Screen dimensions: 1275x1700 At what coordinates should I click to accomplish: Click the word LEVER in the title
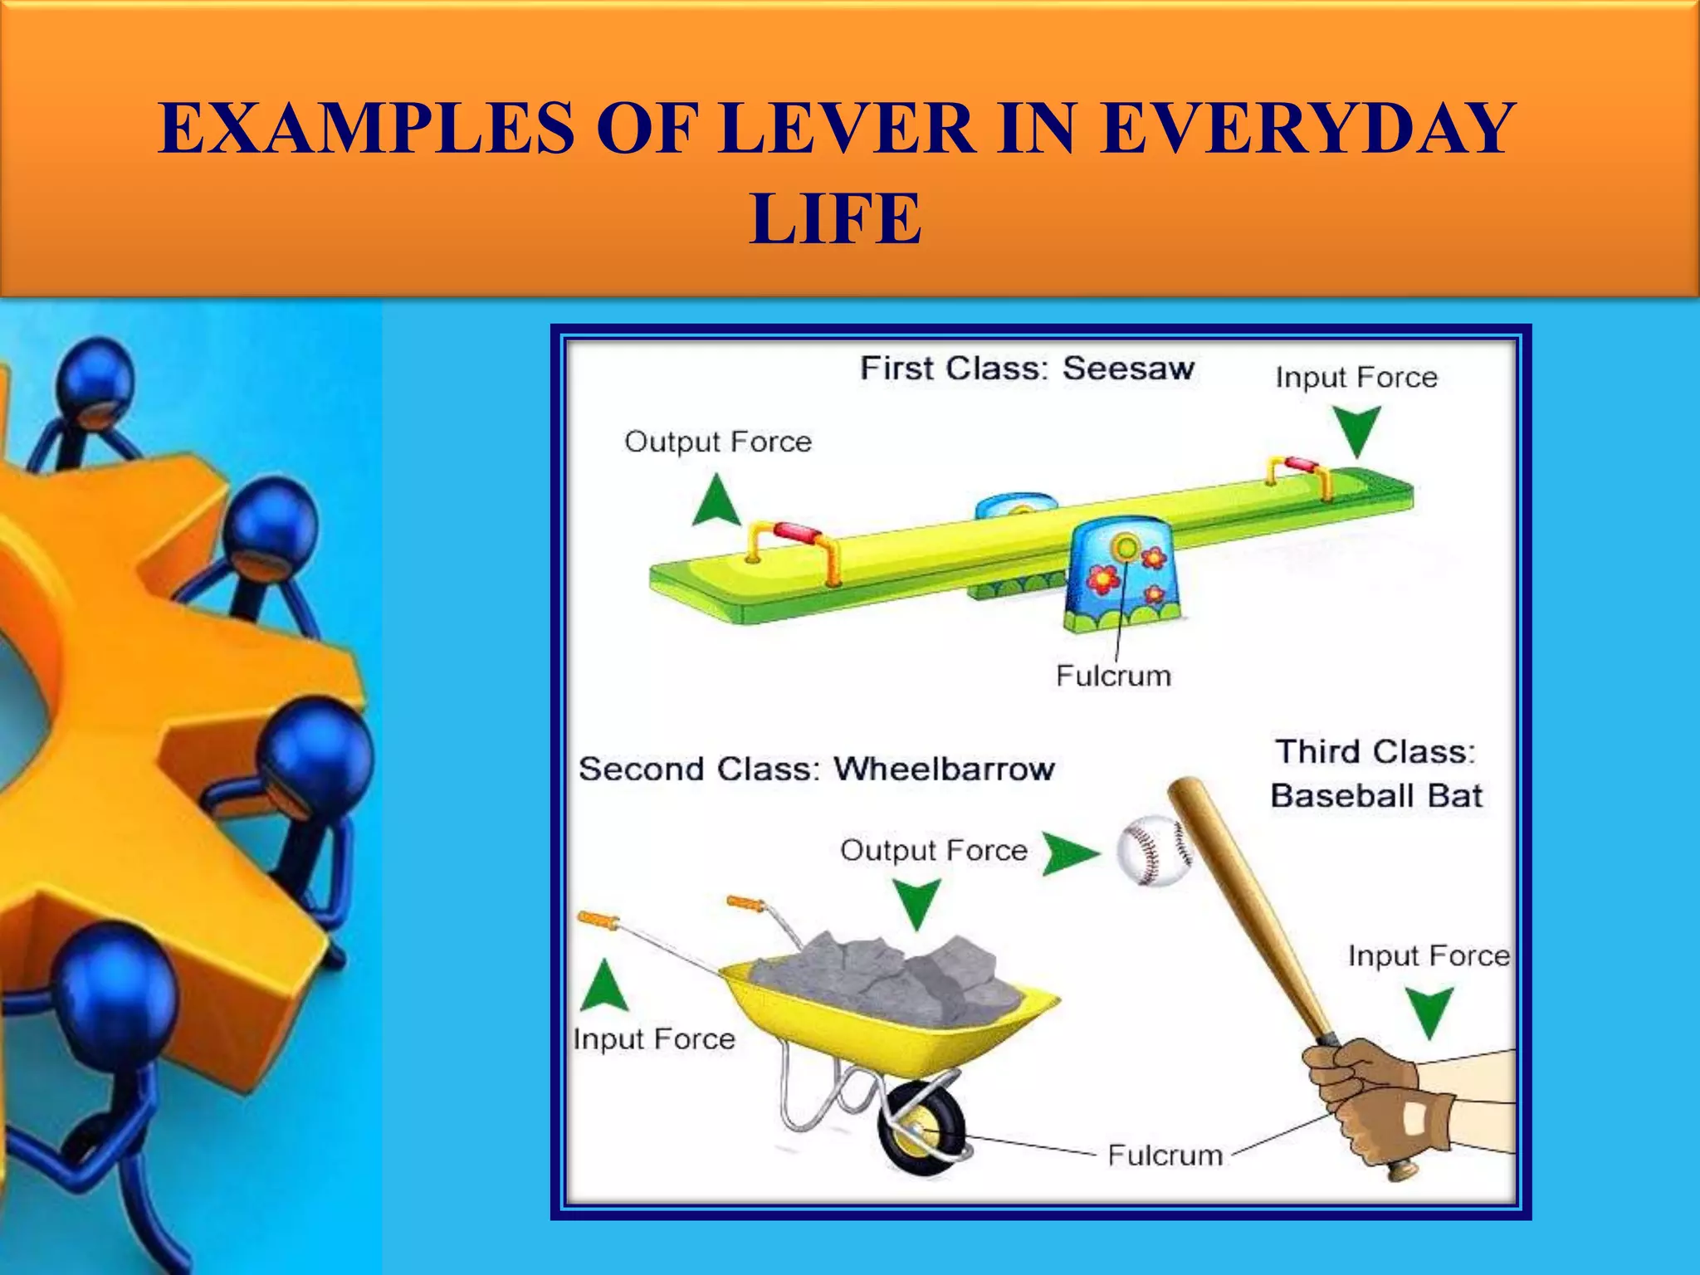click(847, 129)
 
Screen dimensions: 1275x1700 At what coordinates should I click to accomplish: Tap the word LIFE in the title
click(835, 218)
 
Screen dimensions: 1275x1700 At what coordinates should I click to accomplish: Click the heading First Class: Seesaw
click(1027, 368)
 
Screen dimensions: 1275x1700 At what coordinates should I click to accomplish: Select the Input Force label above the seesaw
click(1356, 378)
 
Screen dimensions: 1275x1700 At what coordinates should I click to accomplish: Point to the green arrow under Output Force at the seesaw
click(716, 501)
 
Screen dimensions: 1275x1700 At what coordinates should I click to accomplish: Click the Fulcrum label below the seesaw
click(1113, 676)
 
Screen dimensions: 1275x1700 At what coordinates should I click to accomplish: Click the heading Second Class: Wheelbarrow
click(816, 769)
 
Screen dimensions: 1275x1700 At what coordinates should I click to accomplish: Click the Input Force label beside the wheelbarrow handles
click(654, 1039)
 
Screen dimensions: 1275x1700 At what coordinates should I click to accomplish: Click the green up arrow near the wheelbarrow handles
click(605, 986)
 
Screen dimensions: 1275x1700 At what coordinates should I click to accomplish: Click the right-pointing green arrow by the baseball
click(1069, 854)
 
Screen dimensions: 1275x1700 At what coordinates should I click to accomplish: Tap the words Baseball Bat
click(1375, 795)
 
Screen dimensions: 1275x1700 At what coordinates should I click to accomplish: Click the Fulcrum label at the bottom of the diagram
click(1165, 1155)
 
